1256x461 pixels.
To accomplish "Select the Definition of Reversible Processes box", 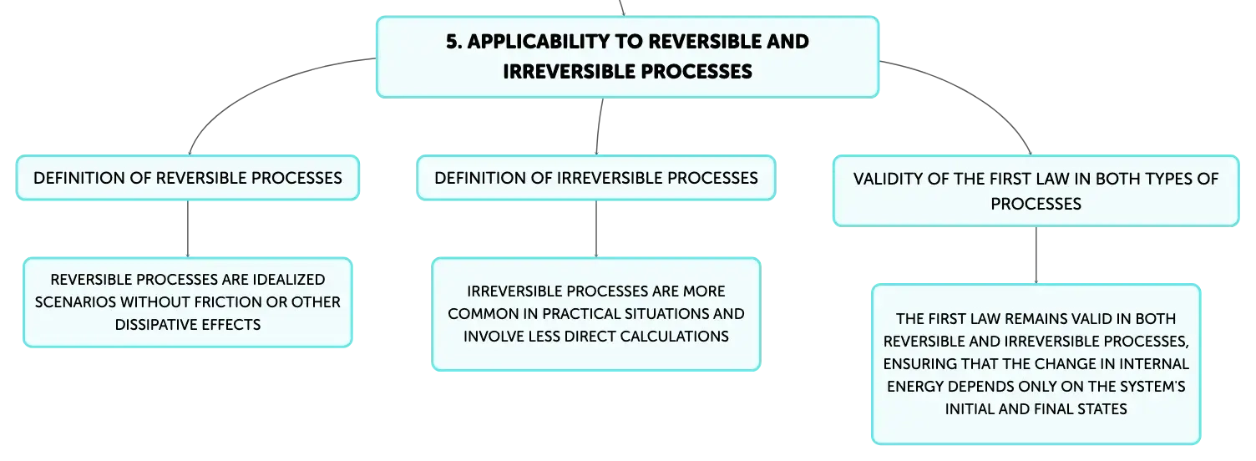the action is coord(188,178).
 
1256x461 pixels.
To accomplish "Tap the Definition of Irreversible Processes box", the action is coord(596,178).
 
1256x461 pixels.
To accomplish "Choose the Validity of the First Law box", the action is coord(1036,190).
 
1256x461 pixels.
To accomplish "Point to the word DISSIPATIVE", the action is coord(152,325).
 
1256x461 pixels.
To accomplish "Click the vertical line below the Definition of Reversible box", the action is coord(188,229).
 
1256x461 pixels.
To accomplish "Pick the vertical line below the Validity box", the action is coord(1036,256).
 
